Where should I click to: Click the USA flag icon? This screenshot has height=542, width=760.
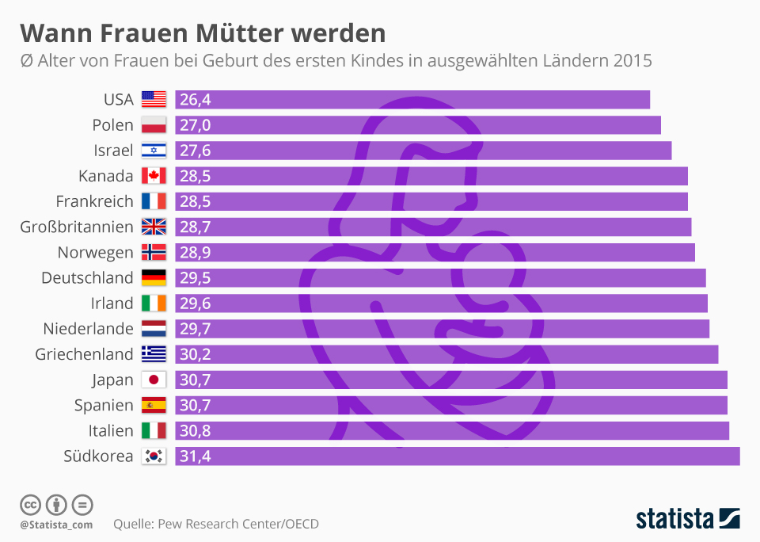[x=154, y=100]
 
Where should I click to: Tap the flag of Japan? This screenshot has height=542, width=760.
[x=154, y=380]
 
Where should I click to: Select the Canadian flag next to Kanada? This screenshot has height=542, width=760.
[x=154, y=176]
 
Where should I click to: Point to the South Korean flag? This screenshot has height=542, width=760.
[x=154, y=456]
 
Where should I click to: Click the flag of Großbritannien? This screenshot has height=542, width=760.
[x=154, y=227]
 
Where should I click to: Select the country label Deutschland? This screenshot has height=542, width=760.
[x=87, y=278]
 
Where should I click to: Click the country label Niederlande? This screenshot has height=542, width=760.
[x=88, y=329]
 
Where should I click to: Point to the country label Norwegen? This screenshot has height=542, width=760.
[x=95, y=253]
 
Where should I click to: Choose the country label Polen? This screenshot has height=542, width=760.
[x=112, y=125]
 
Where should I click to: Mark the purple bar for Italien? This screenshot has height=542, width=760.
[x=451, y=430]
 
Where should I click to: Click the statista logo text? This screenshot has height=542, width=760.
[x=674, y=519]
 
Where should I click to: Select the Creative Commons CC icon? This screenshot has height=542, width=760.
[x=30, y=505]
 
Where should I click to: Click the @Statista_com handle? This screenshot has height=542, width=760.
[x=56, y=525]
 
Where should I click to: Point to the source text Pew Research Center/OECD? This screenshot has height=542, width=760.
[x=238, y=524]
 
